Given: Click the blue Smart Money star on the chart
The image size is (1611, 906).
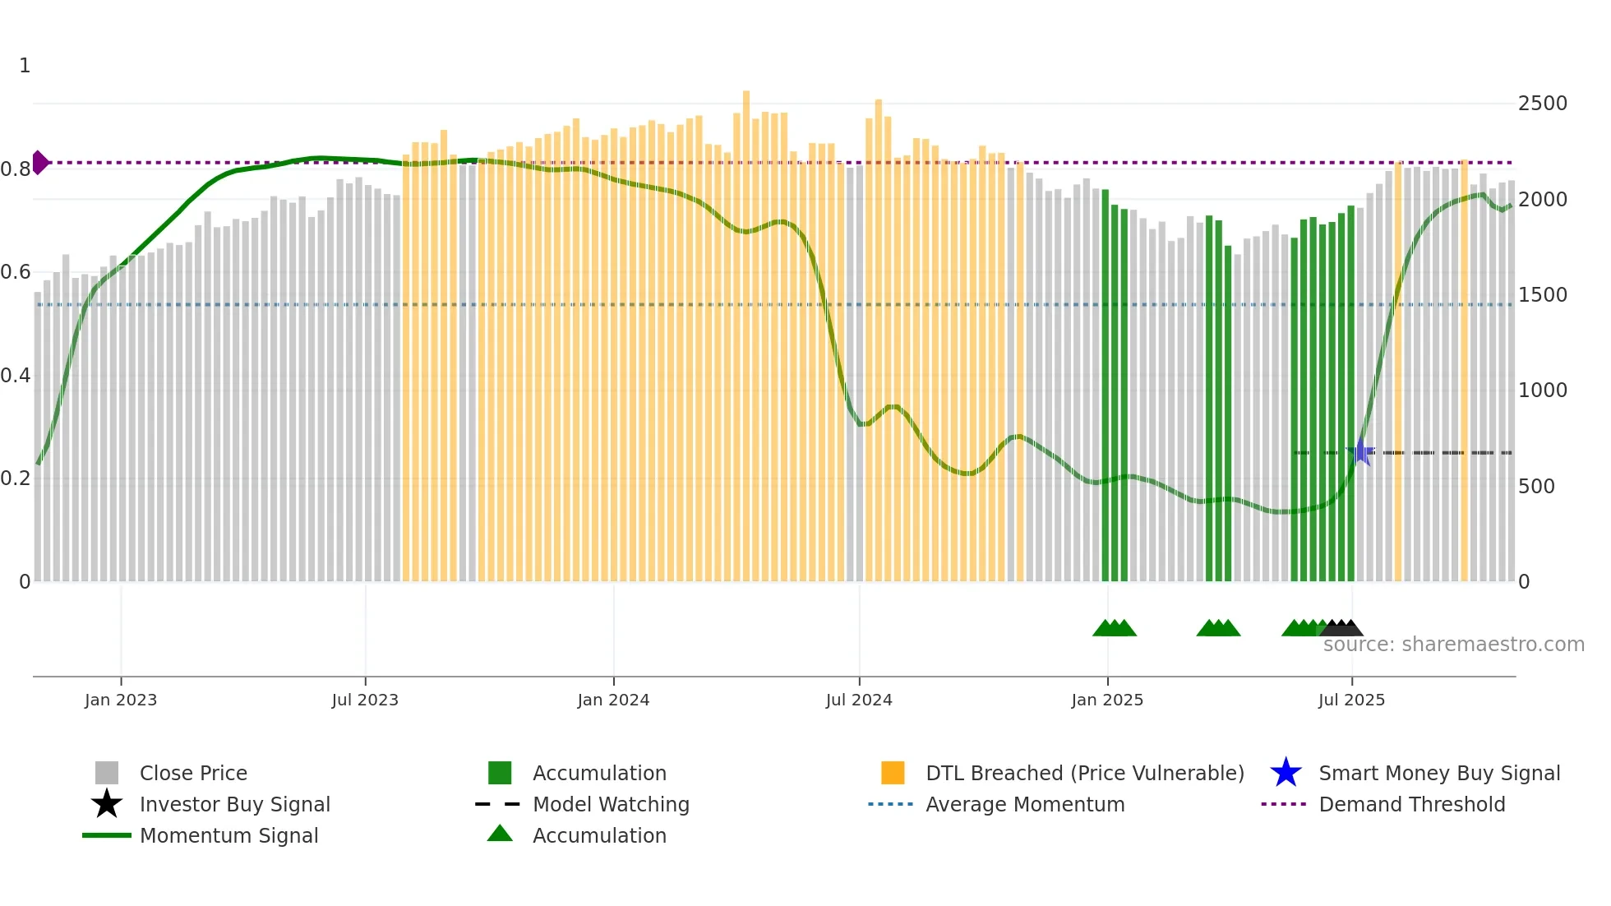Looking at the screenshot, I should point(1361,451).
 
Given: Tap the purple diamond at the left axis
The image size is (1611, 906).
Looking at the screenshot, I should point(39,163).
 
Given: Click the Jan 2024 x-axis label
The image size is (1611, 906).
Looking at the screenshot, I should point(613,700).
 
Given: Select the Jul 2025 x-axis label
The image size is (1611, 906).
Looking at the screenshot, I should point(1351,700).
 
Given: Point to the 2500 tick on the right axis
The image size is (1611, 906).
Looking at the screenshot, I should point(1542,104).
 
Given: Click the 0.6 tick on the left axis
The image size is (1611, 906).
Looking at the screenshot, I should point(16,272).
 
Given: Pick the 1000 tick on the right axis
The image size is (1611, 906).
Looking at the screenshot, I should point(1542,391).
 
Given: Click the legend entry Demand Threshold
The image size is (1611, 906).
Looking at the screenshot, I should point(1411,804).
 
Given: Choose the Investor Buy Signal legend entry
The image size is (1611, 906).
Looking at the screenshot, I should point(234,804).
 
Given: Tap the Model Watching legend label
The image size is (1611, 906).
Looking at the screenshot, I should point(611,804).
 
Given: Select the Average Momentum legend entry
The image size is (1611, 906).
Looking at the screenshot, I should point(1024,804).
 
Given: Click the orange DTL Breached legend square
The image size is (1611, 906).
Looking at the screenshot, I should point(893,773).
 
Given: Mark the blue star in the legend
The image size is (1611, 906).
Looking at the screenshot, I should point(1286,773).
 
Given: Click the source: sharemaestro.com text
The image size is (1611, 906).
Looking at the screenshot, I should point(1453,645).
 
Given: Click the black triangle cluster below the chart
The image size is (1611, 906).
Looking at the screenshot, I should point(1342,628).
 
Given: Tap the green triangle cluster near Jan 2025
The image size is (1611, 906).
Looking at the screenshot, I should point(1115,628).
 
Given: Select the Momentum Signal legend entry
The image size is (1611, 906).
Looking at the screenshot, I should point(228,835).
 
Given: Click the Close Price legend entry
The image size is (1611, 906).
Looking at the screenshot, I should point(193,773).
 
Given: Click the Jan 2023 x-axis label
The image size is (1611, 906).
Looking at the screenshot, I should point(121,700).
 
